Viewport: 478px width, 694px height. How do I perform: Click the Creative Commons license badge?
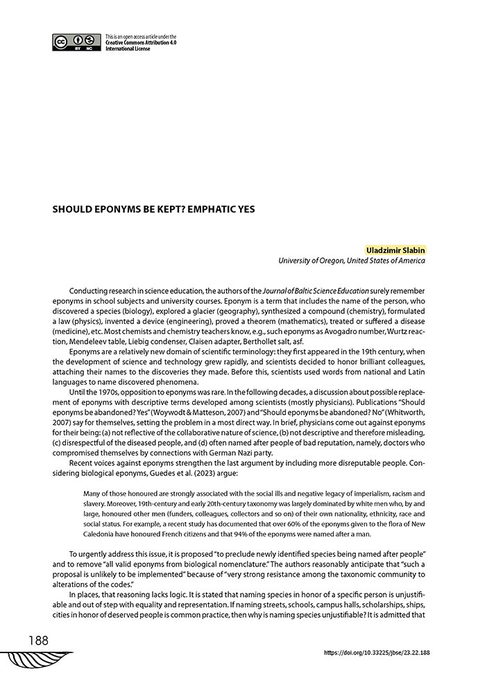pos(76,43)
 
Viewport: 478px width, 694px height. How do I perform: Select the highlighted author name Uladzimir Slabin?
pos(395,250)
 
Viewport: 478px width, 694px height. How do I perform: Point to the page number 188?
pos(39,641)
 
